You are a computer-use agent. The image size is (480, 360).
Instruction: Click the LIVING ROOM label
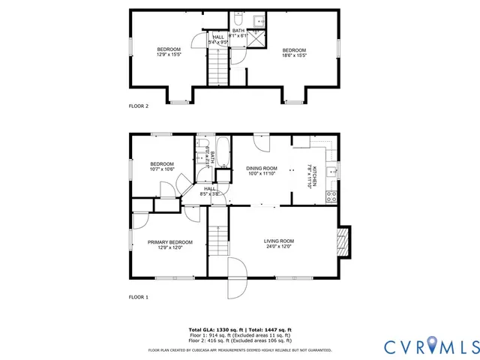278,241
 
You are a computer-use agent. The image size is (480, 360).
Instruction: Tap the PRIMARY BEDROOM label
169,241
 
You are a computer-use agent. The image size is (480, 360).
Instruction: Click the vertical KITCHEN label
315,176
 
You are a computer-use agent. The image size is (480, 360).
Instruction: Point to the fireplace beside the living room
344,241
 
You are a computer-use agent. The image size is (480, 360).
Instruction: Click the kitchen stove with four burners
331,196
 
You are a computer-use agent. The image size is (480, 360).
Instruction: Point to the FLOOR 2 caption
139,106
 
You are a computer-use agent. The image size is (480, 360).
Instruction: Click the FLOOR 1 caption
139,298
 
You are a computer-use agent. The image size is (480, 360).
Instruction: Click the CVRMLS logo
431,346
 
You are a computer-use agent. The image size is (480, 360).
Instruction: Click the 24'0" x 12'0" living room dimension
278,247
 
